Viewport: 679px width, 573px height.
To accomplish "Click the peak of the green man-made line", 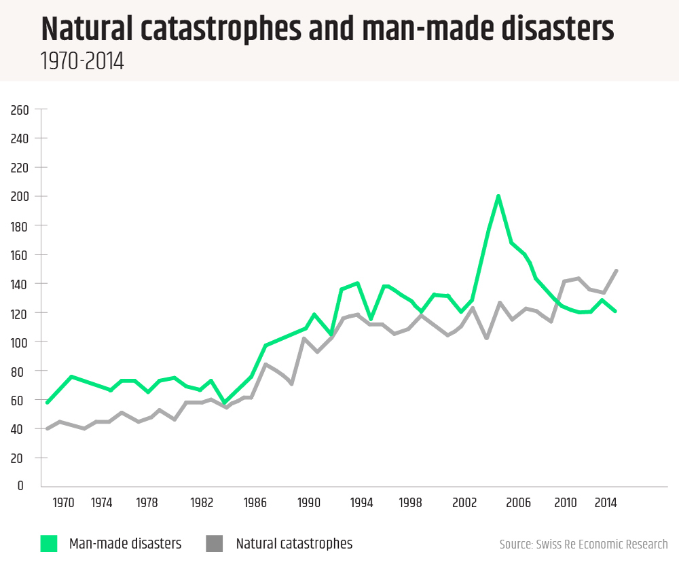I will pos(498,196).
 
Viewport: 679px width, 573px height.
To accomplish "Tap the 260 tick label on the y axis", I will pos(20,109).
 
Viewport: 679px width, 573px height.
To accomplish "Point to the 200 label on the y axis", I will pos(20,196).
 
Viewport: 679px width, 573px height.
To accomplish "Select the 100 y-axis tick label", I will pos(20,341).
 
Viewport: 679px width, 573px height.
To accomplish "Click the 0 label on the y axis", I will pos(20,486).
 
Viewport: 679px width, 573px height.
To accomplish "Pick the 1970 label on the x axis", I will pos(63,503).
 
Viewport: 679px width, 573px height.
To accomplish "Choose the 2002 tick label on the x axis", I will pos(466,503).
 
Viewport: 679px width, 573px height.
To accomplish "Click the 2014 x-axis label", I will pos(606,503).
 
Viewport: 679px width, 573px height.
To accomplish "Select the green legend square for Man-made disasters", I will pos(49,543).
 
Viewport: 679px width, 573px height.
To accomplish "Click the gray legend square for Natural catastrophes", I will pos(214,543).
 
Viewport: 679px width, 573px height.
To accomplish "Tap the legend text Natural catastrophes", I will pos(294,544).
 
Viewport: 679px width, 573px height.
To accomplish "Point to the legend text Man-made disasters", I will pos(125,544).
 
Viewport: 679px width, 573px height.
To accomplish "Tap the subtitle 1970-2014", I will pos(81,62).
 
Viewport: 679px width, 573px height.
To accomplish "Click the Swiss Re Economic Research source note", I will pos(583,544).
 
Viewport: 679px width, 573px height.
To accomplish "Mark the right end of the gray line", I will pos(616,271).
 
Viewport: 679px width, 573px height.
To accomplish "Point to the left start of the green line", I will pos(47,403).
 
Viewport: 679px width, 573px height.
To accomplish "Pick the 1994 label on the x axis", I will pos(362,503).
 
